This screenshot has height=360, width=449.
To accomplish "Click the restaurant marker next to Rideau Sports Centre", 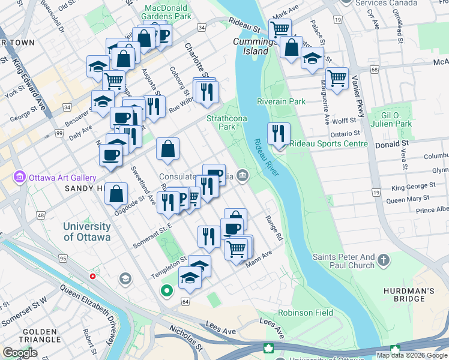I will coord(278,134).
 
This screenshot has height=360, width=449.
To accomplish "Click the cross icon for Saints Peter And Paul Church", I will coord(384,261).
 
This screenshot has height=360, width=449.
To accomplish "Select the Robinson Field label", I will coord(305,313).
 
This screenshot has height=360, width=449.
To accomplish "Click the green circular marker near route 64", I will coord(167,292).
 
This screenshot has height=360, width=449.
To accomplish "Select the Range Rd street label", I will coord(274,229).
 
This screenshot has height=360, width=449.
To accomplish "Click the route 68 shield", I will coord(375,70).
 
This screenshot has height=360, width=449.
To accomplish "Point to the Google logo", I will coord(19,352).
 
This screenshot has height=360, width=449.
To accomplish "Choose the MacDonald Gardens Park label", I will coord(167,12).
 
